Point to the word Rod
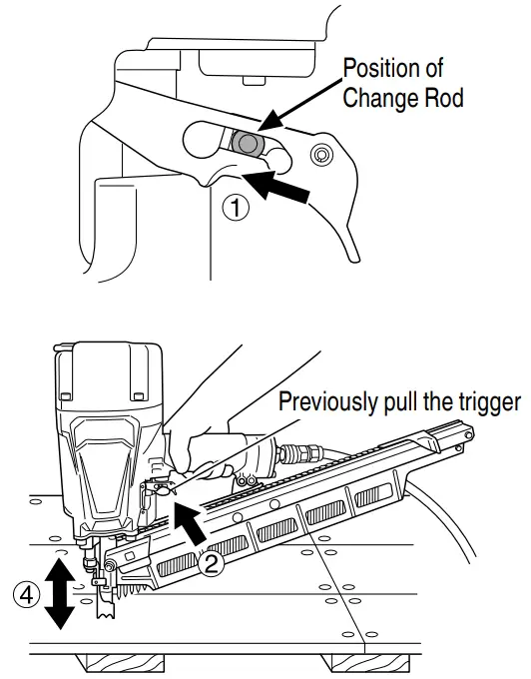441,100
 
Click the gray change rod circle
247,144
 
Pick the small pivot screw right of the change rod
320,155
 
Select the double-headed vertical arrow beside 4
60,595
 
